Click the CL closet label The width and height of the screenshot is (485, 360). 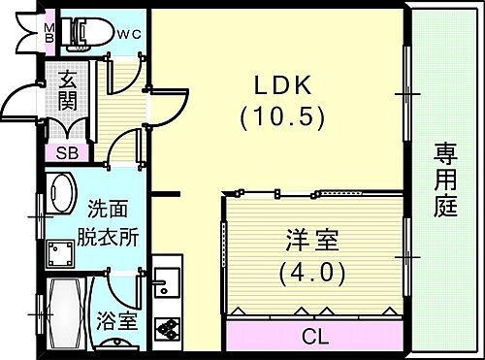click(x=314, y=338)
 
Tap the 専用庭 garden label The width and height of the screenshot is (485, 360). click(x=446, y=180)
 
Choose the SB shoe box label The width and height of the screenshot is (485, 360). click(x=68, y=152)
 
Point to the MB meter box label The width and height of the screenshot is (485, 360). click(x=50, y=33)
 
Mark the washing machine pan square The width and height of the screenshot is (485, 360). click(x=63, y=254)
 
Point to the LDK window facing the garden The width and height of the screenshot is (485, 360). click(x=405, y=92)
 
